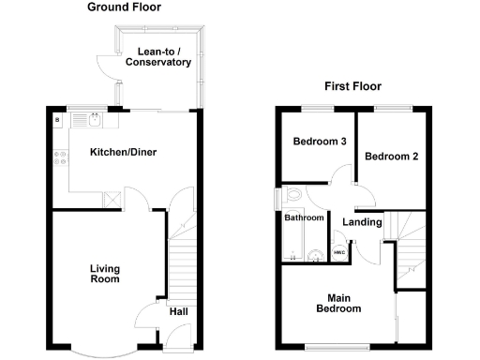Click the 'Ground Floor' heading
click(124, 7)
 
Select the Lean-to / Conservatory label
click(157, 56)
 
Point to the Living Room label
click(105, 273)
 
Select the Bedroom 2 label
click(391, 157)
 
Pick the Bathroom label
click(304, 217)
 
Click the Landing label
click(362, 222)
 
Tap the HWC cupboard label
click(338, 252)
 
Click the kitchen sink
click(94, 119)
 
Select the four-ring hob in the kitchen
click(60, 158)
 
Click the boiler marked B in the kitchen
click(57, 120)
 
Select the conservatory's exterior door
click(106, 66)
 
